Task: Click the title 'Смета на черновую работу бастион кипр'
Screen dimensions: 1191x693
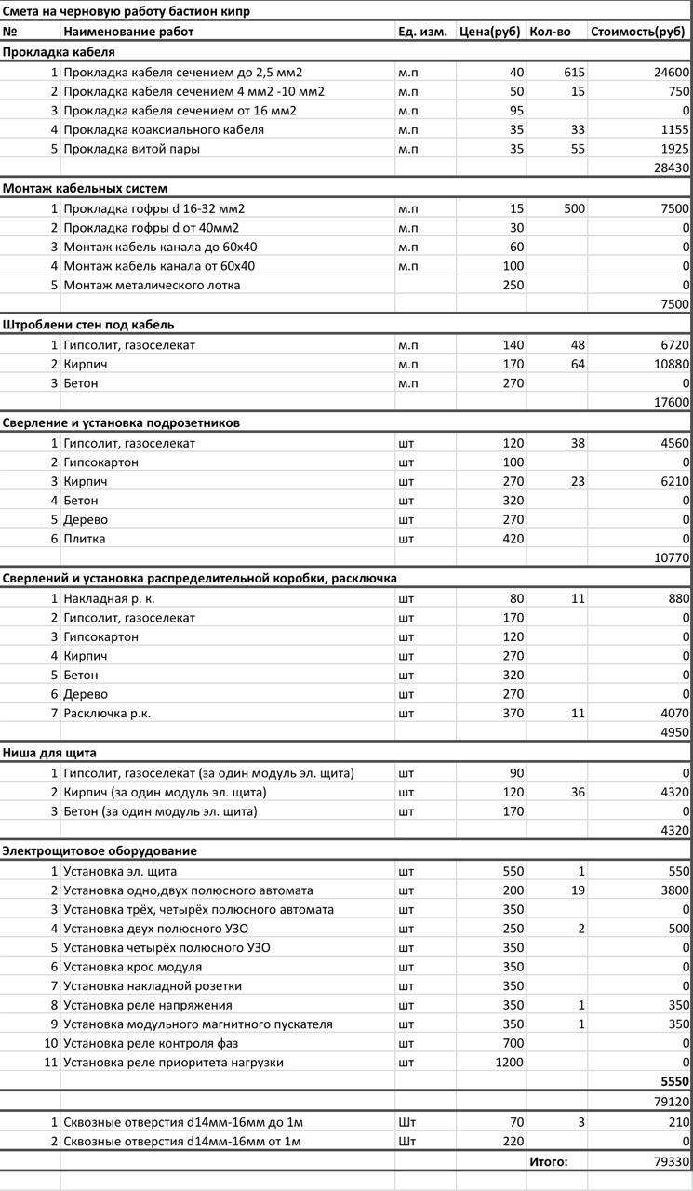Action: click(x=127, y=12)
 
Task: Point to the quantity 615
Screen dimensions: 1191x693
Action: click(x=574, y=72)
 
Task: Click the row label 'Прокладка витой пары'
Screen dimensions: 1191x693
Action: click(x=131, y=149)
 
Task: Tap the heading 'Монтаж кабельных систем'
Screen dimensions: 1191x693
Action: click(x=85, y=189)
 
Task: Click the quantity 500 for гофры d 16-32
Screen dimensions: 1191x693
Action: click(x=574, y=208)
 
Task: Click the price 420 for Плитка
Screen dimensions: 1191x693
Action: click(x=513, y=539)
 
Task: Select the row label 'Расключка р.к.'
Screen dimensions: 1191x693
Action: click(x=107, y=713)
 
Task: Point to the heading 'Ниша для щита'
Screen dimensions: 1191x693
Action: click(x=49, y=753)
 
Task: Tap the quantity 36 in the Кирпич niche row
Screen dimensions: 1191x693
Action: click(x=577, y=792)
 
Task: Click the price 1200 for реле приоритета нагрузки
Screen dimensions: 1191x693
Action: click(x=509, y=1062)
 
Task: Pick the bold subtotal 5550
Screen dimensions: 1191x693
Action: click(x=673, y=1082)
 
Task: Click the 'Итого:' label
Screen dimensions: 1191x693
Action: click(x=548, y=1161)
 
